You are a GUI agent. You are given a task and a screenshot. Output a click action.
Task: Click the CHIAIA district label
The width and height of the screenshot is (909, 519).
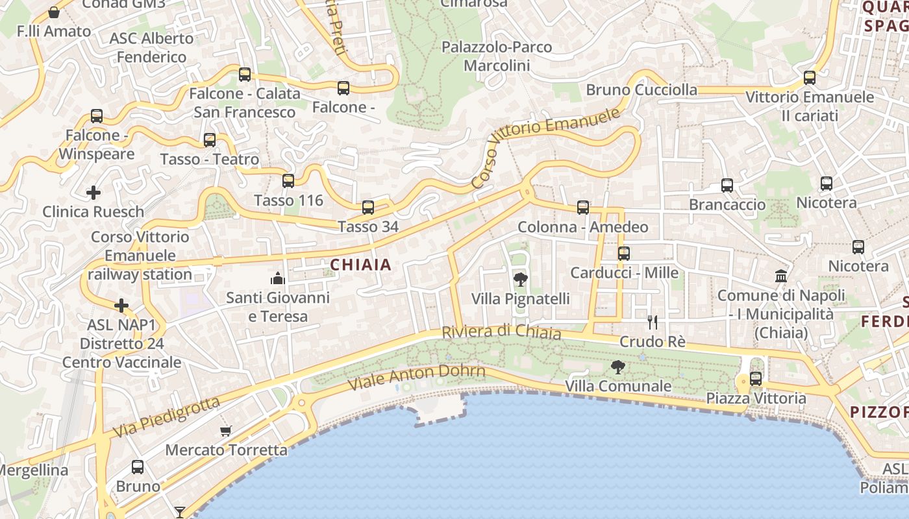tap(361, 265)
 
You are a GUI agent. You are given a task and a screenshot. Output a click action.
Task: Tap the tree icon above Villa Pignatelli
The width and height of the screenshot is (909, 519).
tap(520, 280)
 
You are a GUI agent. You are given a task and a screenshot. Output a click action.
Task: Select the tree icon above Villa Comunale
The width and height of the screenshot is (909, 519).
tap(618, 367)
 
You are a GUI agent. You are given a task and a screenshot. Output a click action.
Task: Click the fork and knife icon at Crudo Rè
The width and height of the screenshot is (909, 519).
tap(653, 322)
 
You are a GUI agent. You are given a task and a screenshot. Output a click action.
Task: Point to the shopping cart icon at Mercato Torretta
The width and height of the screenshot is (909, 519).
tap(226, 431)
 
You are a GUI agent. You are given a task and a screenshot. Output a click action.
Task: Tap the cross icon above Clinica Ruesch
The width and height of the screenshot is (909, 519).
tap(93, 193)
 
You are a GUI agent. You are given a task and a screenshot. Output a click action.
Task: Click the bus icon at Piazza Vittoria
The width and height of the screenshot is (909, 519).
tap(756, 379)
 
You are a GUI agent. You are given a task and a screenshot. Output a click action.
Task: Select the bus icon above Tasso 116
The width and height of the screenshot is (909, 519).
tap(288, 181)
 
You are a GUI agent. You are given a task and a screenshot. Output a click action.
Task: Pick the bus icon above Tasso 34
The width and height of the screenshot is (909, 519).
tap(368, 208)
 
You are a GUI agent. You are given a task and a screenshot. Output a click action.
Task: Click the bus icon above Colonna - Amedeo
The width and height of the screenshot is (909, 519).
tap(583, 208)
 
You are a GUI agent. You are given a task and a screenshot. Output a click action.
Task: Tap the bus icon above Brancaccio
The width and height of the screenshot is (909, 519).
tap(727, 186)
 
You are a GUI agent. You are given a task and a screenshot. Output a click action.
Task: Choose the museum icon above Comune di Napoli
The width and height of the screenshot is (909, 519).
tap(781, 276)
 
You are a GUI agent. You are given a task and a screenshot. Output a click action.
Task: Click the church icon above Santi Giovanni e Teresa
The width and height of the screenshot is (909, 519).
tap(278, 279)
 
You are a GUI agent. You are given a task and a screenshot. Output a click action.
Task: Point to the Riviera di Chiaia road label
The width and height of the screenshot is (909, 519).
tap(501, 332)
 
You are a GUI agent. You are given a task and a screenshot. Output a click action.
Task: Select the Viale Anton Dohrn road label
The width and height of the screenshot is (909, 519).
tap(417, 378)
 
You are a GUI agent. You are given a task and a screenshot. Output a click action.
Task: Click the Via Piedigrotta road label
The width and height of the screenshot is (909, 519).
tap(166, 417)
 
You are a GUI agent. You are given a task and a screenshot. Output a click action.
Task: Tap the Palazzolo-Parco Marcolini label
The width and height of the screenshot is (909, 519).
tap(497, 56)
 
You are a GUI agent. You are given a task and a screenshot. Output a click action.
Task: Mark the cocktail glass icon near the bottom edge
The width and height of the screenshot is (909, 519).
tap(179, 513)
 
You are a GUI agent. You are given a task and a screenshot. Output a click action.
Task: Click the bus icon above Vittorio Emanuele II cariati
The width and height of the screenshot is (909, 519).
tap(810, 78)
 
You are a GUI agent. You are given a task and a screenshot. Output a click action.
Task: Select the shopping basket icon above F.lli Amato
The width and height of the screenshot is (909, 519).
tap(54, 12)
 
